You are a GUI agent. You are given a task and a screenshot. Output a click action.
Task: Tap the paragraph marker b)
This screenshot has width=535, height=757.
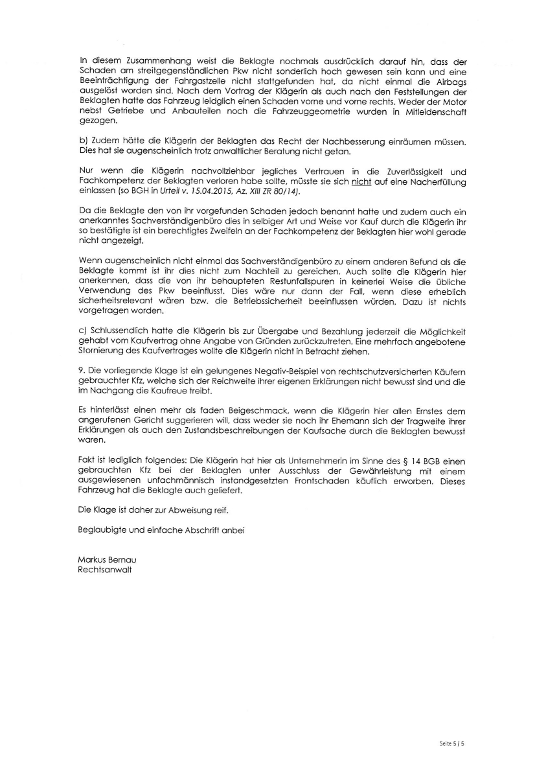(81, 141)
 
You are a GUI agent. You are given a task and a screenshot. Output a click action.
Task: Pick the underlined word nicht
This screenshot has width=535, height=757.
(360, 183)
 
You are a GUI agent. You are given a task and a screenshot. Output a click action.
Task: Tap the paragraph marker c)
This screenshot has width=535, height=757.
(81, 331)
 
